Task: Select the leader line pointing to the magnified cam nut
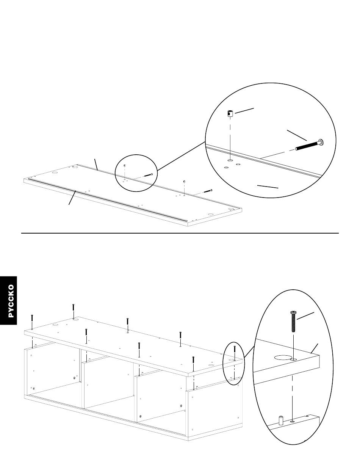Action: click(244, 110)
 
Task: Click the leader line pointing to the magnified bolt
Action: click(296, 135)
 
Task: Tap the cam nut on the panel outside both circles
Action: click(184, 182)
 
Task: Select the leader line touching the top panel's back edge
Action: click(96, 164)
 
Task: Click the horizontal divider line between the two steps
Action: click(180, 233)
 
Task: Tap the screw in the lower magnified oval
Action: click(293, 321)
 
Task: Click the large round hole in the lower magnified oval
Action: click(282, 357)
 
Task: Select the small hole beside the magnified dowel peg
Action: click(293, 421)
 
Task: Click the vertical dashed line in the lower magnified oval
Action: click(293, 391)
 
